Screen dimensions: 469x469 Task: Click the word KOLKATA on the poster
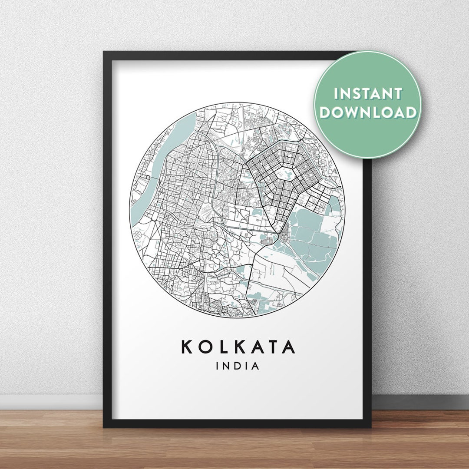point(238,347)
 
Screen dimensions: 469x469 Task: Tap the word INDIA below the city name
point(238,366)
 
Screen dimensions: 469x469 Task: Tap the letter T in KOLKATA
point(272,347)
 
